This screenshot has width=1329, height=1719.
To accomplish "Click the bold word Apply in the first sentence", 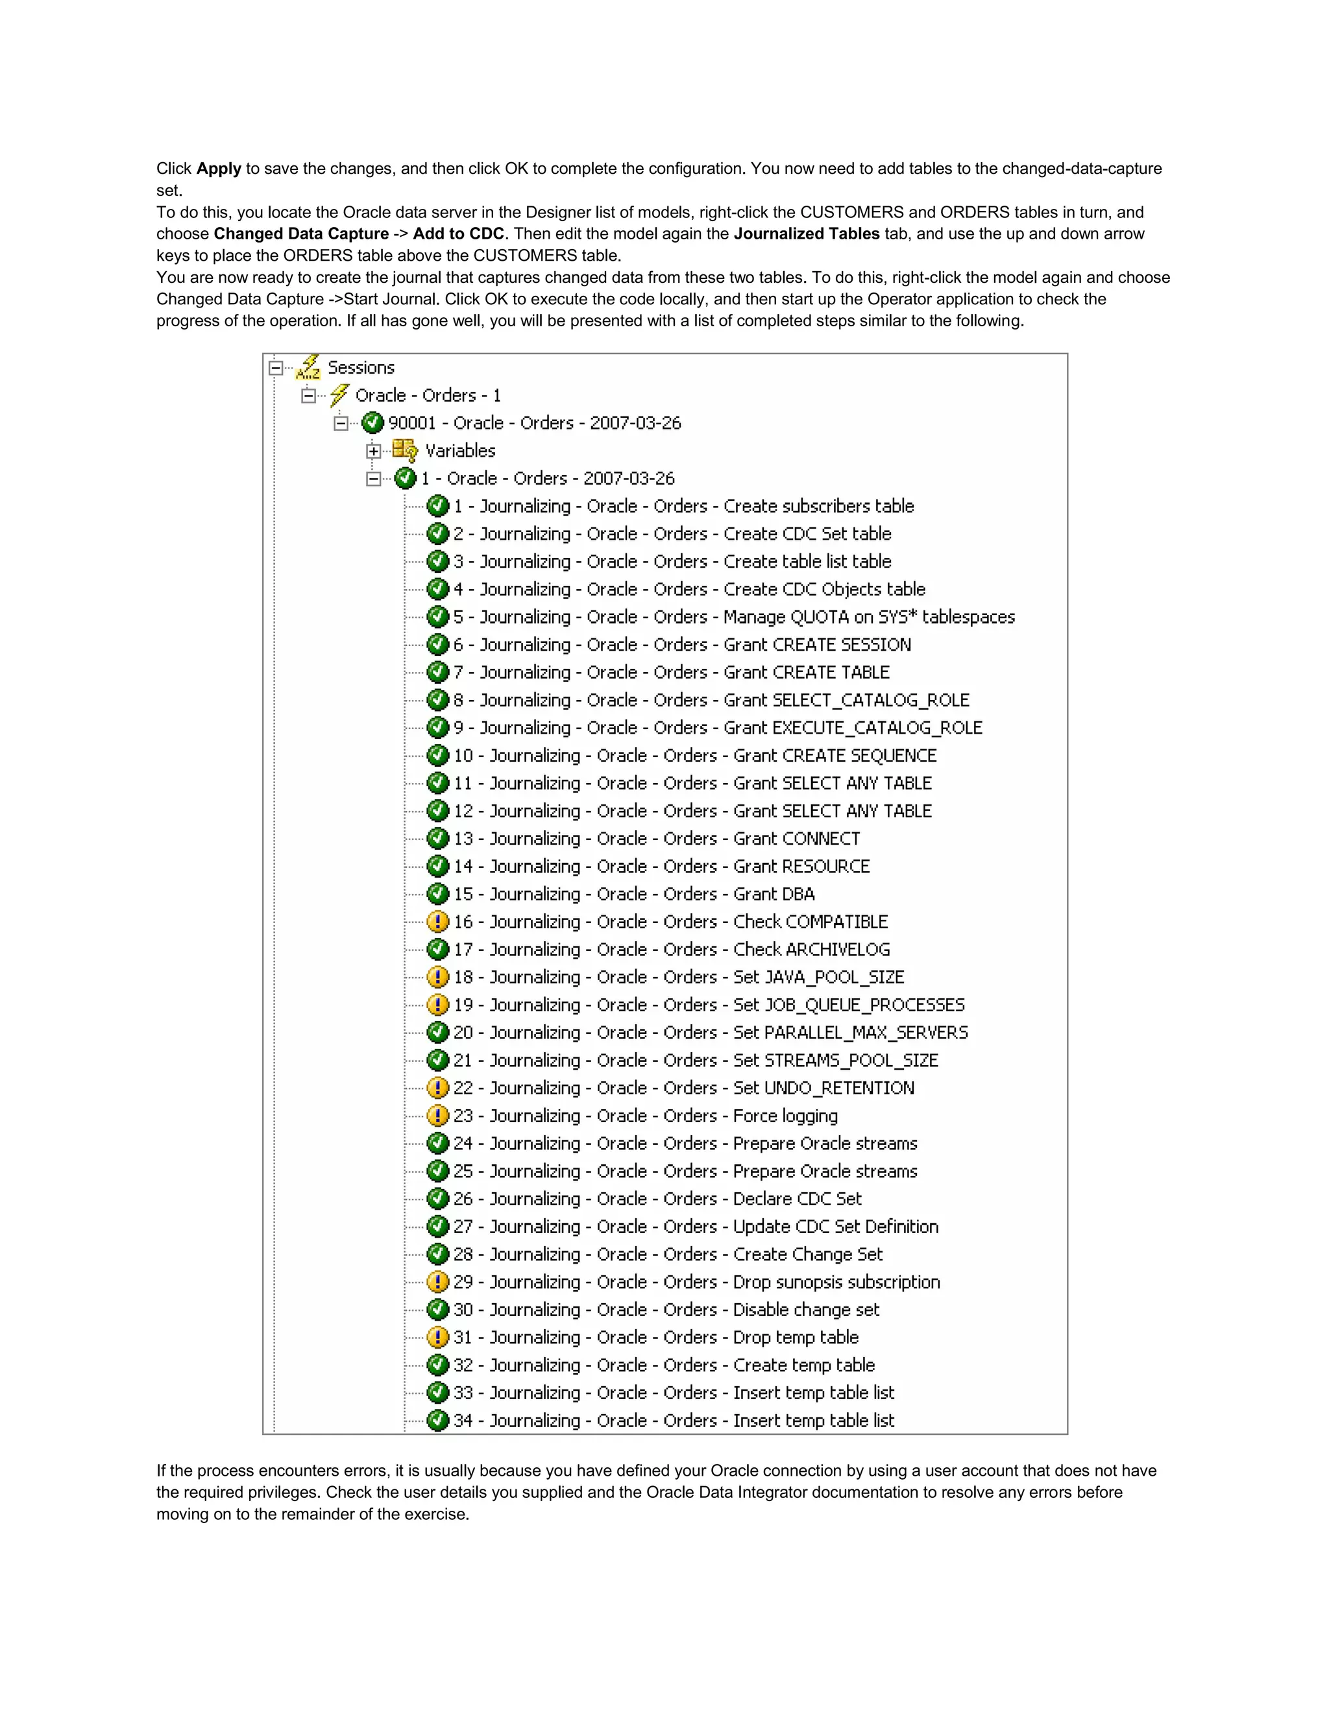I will (218, 169).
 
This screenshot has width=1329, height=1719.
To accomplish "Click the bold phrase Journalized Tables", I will (806, 234).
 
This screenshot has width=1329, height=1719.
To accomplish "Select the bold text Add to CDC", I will (458, 234).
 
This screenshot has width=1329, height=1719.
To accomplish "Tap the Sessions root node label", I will (361, 368).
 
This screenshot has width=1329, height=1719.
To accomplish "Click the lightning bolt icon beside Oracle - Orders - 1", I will (339, 395).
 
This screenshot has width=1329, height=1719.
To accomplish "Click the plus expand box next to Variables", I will (374, 451).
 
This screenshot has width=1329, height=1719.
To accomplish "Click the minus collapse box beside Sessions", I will (276, 368).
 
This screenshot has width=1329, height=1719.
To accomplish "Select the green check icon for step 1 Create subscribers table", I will (438, 506).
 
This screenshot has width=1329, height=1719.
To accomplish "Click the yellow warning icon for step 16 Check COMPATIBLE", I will (438, 922).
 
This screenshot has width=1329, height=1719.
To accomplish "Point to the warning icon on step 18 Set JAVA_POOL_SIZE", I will (438, 977).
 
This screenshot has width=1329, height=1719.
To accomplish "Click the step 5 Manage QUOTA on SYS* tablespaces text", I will (734, 617).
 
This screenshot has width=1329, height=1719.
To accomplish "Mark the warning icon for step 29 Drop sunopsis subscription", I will (438, 1282).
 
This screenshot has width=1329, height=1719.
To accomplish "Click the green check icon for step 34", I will (438, 1421).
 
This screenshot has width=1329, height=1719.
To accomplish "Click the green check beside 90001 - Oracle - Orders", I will (372, 424).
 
